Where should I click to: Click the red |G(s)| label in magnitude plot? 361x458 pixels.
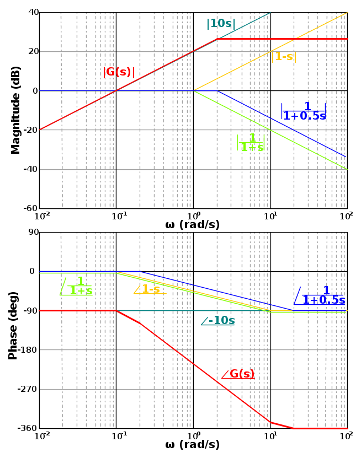click(x=119, y=72)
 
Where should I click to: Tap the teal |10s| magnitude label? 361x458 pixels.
click(x=221, y=24)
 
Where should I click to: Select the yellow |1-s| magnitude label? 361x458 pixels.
click(x=283, y=56)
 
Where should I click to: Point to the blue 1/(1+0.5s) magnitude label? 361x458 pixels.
click(x=304, y=111)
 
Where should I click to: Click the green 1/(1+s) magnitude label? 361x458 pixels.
click(x=251, y=143)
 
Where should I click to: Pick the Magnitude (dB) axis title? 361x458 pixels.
click(x=15, y=110)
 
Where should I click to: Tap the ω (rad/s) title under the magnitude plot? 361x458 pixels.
click(x=193, y=224)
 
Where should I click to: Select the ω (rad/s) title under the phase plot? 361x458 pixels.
click(x=193, y=444)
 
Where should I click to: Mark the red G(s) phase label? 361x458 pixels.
click(x=238, y=374)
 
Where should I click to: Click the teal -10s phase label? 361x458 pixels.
click(x=219, y=320)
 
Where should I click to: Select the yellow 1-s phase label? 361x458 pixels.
click(x=150, y=289)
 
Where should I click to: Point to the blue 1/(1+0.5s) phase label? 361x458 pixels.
click(x=322, y=295)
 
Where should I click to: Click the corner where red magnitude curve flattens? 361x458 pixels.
click(x=217, y=39)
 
